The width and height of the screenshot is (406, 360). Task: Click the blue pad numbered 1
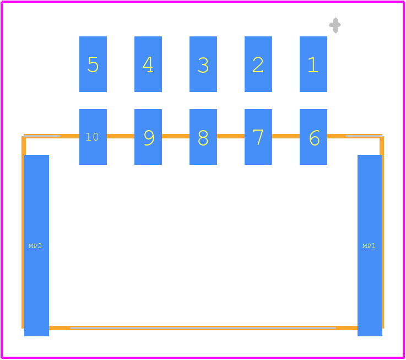(313, 64)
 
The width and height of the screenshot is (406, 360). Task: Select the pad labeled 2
(258, 64)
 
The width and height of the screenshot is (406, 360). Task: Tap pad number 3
(203, 64)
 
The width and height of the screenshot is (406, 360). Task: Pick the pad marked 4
(148, 64)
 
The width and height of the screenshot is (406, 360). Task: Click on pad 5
(93, 64)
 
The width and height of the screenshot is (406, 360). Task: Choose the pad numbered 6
(313, 137)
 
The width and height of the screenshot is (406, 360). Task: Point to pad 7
(258, 137)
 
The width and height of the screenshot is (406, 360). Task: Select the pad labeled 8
(203, 137)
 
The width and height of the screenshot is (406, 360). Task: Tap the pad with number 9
(148, 137)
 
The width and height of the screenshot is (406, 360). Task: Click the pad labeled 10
(93, 137)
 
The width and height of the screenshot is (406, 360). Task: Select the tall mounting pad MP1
(370, 245)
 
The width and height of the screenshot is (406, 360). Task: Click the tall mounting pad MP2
(36, 245)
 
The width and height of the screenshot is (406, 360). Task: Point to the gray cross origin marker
(335, 25)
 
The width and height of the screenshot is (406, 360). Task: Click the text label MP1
(369, 246)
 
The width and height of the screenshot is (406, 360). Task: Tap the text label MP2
(35, 246)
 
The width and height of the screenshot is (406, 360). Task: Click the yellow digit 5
(93, 65)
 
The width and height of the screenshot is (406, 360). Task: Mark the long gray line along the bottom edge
(203, 328)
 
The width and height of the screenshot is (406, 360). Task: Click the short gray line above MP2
(42, 136)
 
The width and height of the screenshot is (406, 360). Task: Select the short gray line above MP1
(364, 136)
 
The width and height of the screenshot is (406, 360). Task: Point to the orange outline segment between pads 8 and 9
(176, 136)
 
